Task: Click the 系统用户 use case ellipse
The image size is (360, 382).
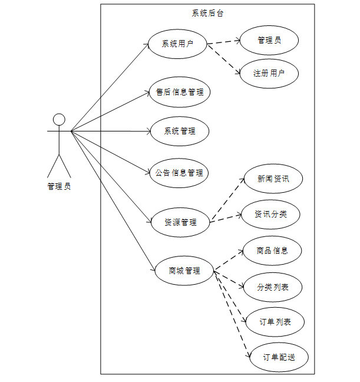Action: pos(177,43)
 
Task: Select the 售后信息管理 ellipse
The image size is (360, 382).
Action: pos(180,92)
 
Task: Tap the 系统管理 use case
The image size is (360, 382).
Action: pos(180,131)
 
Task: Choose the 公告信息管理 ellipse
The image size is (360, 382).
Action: pos(180,173)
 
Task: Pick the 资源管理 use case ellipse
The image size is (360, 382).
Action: pos(180,222)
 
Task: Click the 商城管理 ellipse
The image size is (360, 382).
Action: pos(184,271)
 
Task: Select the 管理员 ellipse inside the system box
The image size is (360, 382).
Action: pos(269,40)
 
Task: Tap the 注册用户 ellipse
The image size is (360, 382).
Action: pos(269,74)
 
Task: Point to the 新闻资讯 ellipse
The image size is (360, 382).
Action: pos(273,179)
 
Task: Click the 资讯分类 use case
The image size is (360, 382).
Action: pos(271,214)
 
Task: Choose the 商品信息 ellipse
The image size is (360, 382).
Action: pos(272,250)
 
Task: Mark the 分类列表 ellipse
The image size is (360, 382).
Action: pos(273,287)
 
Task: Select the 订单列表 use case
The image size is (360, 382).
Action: pos(275,322)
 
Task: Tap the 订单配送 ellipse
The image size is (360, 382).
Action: pos(279,357)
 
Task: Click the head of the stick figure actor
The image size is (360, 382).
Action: pos(59,120)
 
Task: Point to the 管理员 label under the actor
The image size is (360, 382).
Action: pos(59,187)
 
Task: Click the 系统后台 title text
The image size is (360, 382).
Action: pos(208,13)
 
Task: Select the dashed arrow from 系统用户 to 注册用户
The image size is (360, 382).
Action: pos(224,60)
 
